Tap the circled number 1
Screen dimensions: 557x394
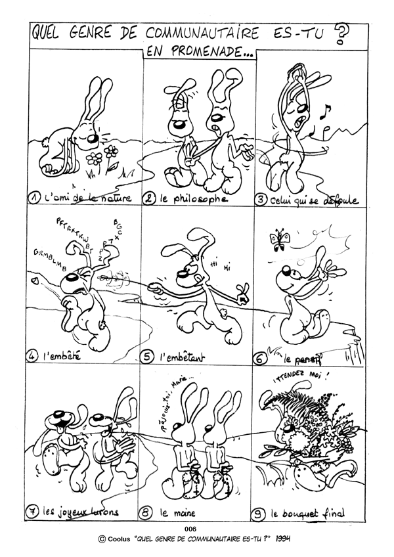36,197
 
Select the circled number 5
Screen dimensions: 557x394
148,357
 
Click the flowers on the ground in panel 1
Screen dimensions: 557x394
104,156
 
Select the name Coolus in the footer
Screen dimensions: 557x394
118,539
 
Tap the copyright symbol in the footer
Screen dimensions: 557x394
102,539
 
